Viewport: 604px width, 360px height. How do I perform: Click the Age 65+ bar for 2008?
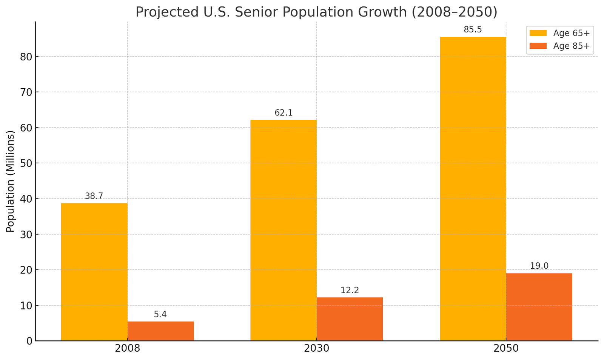click(x=94, y=272)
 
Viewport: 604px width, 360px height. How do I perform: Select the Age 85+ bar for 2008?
click(x=160, y=331)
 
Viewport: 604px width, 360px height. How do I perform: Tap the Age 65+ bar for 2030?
click(x=284, y=230)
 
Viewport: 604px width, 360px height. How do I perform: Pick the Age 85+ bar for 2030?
click(x=350, y=319)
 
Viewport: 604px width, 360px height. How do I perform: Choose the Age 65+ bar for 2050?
click(x=473, y=189)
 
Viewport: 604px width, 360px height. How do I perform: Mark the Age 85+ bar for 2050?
click(x=539, y=307)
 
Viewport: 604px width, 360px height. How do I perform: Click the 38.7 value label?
click(x=94, y=196)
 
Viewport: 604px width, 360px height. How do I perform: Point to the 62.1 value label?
click(x=284, y=113)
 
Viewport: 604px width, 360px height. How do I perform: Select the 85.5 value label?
click(x=473, y=30)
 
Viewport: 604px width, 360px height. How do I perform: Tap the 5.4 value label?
click(x=160, y=314)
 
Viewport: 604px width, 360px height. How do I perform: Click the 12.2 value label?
click(x=350, y=290)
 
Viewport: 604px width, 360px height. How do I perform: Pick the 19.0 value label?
click(x=539, y=266)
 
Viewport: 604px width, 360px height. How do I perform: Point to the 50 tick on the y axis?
click(x=26, y=163)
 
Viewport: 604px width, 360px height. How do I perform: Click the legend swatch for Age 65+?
click(x=538, y=33)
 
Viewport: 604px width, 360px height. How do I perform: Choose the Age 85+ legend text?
click(x=571, y=46)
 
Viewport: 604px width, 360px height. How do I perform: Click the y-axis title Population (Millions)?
click(x=10, y=181)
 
